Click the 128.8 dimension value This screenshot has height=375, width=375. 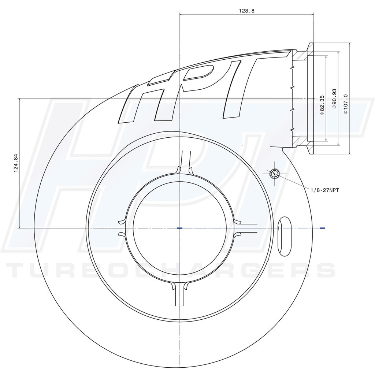[246, 11]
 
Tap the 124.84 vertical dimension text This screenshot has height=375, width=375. [16, 163]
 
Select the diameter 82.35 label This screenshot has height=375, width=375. [322, 105]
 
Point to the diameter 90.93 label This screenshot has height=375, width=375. [334, 99]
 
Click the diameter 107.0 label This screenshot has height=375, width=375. [346, 104]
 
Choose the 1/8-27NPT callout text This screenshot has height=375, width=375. [325, 190]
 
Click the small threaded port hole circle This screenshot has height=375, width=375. [275, 174]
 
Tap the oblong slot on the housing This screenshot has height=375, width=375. [285, 237]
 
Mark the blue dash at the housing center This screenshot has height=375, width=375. [179, 228]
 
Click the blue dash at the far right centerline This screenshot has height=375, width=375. [322, 228]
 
